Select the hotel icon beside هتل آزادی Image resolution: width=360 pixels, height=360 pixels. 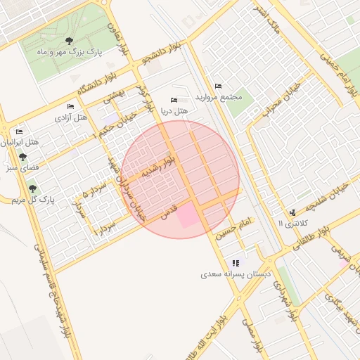[x=70, y=106]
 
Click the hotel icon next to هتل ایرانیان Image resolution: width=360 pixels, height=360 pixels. [x=19, y=131]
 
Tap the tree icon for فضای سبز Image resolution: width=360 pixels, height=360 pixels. [x=22, y=157]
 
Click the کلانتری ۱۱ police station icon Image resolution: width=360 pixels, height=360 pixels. [x=292, y=212]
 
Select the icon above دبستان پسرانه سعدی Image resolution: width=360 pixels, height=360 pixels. [x=245, y=263]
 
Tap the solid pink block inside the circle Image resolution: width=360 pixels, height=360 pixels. [x=188, y=215]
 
